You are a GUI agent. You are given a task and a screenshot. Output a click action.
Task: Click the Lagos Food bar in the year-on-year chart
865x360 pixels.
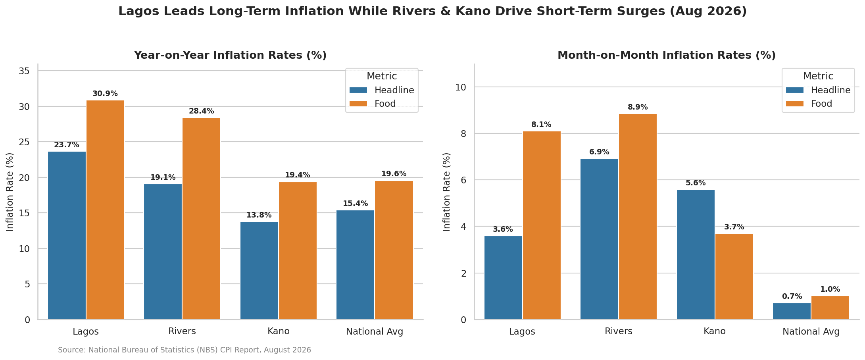(x=105, y=210)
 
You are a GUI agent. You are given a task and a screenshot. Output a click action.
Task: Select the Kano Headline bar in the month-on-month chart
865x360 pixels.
(x=696, y=254)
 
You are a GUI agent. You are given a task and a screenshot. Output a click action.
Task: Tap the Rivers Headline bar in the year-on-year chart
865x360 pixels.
(x=163, y=252)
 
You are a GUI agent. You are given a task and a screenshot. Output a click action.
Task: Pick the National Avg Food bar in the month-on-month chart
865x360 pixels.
(x=830, y=308)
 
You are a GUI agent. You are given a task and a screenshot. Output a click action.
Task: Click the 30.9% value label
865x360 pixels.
(x=105, y=94)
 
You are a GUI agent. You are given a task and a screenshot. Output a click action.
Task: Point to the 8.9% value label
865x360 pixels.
(x=638, y=107)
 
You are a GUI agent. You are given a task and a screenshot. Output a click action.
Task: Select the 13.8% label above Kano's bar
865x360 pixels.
(x=259, y=215)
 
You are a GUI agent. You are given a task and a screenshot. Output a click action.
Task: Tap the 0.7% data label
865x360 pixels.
(x=792, y=296)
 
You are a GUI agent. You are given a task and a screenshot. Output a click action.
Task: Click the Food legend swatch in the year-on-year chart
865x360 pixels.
(x=358, y=104)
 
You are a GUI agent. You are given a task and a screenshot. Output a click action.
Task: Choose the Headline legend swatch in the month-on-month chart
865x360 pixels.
(x=795, y=90)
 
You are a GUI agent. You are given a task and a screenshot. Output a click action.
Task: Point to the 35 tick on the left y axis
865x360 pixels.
(x=24, y=71)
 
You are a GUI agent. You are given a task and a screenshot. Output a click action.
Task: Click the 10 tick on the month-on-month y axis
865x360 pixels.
(x=461, y=87)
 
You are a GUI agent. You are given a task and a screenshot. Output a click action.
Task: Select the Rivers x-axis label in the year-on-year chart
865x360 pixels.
(x=182, y=331)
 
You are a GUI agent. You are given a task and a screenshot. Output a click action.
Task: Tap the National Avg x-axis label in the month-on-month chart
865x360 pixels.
(x=811, y=331)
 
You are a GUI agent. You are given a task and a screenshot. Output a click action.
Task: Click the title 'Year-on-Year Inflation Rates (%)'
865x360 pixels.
(x=230, y=55)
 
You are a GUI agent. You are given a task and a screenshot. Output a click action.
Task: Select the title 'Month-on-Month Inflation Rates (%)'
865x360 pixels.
(x=667, y=55)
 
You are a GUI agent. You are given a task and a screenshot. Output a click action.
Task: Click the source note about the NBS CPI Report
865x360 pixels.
(x=185, y=350)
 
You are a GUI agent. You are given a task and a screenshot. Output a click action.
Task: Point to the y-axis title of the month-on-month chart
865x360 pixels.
(x=447, y=192)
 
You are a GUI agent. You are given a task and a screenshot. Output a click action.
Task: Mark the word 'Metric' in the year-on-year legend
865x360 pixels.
(x=382, y=76)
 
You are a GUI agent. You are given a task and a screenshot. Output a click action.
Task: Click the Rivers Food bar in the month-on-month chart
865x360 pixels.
(x=638, y=217)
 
